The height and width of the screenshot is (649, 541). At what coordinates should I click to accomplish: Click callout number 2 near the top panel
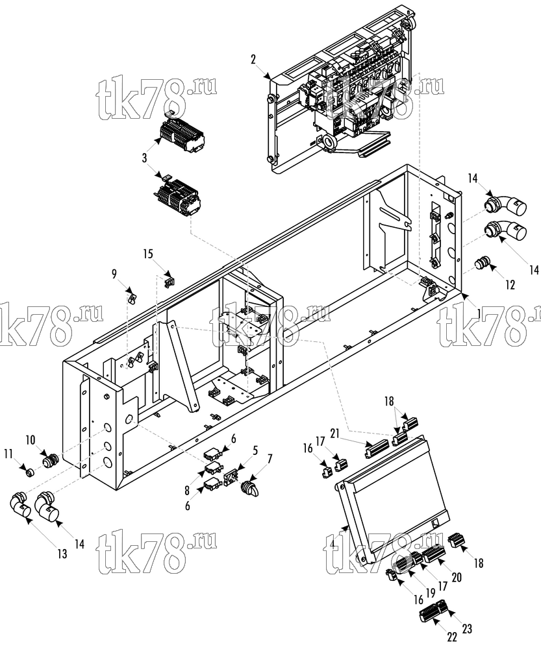[253, 60]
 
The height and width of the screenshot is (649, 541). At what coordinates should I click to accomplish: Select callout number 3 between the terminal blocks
[145, 158]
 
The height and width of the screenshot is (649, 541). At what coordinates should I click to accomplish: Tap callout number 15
[148, 253]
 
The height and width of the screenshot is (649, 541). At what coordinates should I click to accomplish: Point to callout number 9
[114, 274]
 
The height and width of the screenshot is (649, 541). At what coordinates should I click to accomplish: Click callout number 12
[510, 285]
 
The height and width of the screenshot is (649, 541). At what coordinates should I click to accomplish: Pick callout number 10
[31, 440]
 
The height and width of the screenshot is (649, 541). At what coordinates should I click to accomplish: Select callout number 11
[8, 454]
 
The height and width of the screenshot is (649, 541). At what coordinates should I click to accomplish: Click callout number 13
[62, 554]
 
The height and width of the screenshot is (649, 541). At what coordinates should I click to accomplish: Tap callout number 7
[270, 459]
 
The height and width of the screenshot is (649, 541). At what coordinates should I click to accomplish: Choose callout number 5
[255, 450]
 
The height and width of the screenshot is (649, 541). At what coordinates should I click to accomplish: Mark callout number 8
[187, 491]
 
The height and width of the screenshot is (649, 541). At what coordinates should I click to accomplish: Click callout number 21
[335, 434]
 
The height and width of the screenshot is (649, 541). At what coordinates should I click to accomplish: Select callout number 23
[467, 629]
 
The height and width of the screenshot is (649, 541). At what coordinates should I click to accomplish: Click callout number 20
[457, 577]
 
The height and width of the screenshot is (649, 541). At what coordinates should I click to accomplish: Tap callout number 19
[431, 593]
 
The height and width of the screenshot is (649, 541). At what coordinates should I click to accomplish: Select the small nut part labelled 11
[29, 472]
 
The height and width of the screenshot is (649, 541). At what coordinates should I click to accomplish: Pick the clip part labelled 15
[169, 282]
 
